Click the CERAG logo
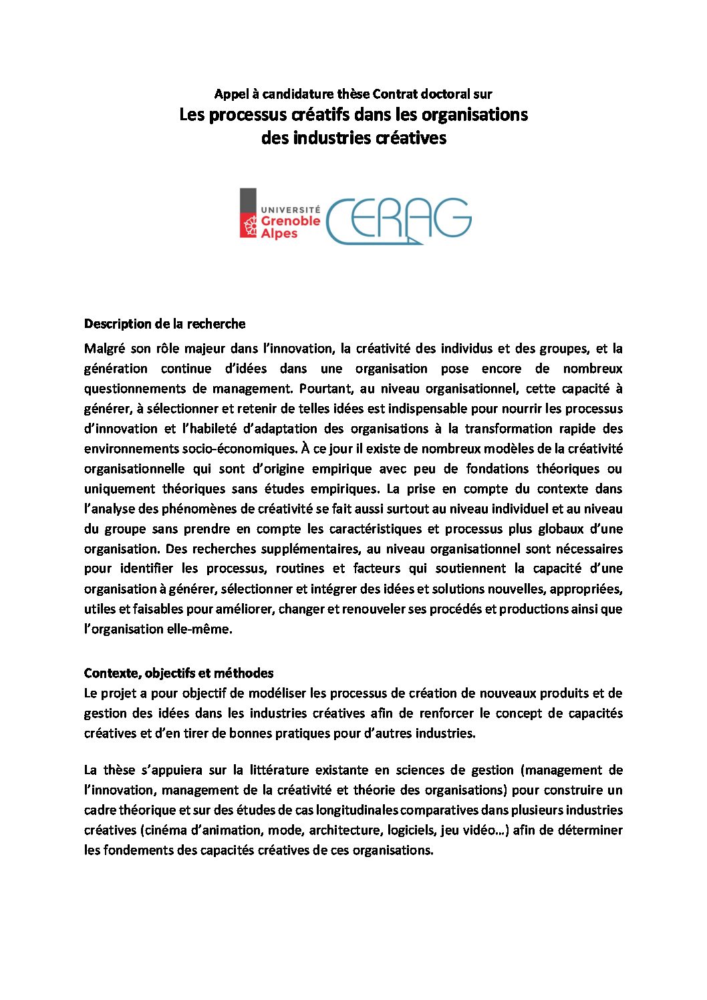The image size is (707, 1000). click(x=399, y=220)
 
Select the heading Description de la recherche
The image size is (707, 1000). click(x=164, y=324)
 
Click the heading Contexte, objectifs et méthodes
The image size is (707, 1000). click(x=178, y=673)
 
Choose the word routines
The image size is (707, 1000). click(x=299, y=569)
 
